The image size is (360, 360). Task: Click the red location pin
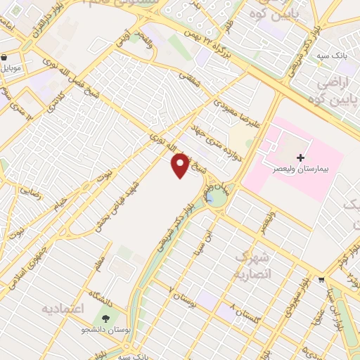(x=181, y=165)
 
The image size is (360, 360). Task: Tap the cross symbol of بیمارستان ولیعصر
(x=301, y=157)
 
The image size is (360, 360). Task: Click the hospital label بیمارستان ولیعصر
(x=301, y=172)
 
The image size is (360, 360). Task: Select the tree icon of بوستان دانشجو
(x=105, y=319)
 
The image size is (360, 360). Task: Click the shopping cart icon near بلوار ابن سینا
(x=321, y=279)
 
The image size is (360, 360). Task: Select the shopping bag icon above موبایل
(x=4, y=58)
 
